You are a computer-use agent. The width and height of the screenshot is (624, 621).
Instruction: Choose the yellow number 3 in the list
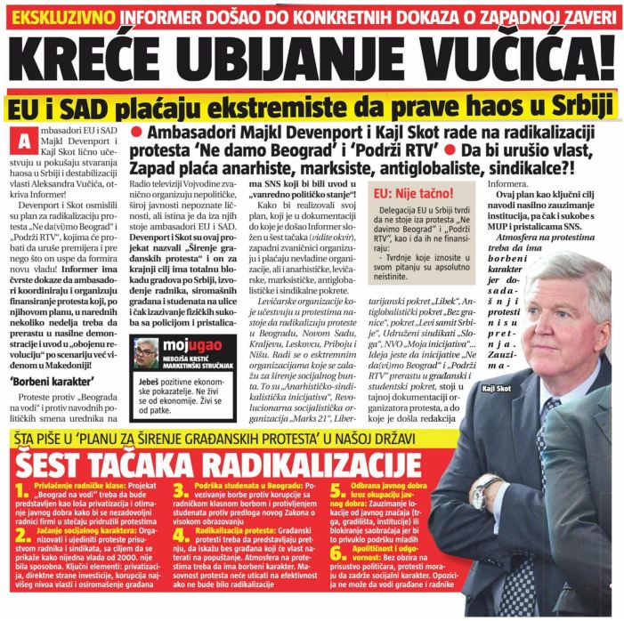point(178,492)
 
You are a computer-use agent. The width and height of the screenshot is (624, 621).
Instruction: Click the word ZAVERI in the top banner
point(582,14)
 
